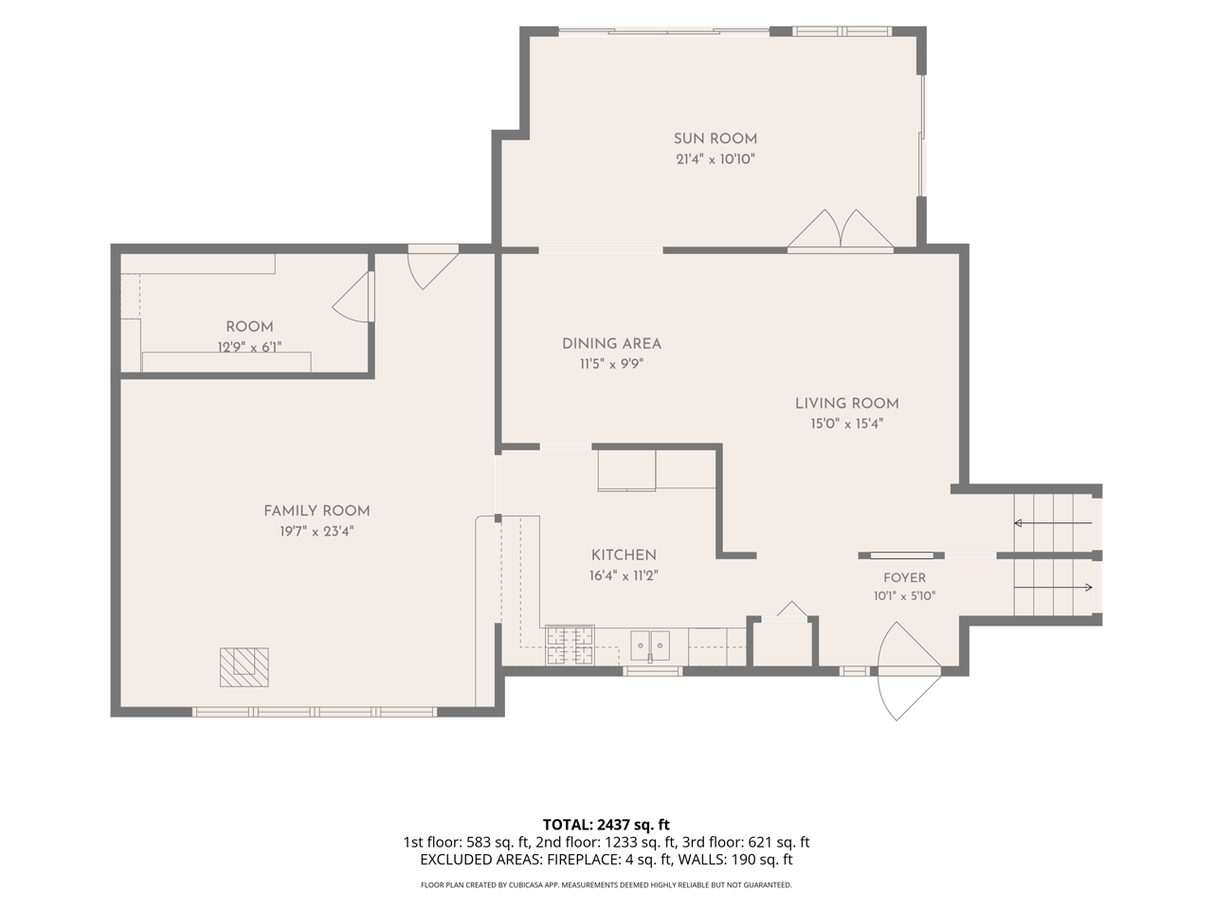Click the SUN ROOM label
[x=715, y=138]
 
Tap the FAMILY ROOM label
[x=317, y=511]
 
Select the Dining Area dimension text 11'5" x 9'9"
[x=612, y=364]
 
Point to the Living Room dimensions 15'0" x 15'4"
[x=846, y=424]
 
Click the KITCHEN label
[x=624, y=555]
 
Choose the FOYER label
[x=904, y=578]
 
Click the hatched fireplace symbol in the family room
[x=244, y=667]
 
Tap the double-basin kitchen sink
[x=650, y=646]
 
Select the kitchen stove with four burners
[x=570, y=645]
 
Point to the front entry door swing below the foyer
[x=909, y=671]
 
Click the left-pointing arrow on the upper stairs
[x=1053, y=522]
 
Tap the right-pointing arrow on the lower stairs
[x=1053, y=587]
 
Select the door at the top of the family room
[x=433, y=267]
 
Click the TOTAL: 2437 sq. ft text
[x=606, y=825]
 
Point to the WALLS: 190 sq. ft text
[x=735, y=860]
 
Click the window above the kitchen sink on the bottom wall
[x=653, y=671]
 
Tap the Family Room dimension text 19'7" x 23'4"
[x=317, y=532]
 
